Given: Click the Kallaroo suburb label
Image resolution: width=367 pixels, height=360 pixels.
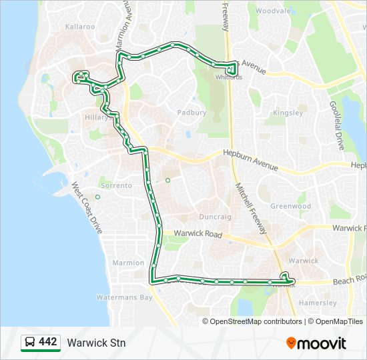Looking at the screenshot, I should [80, 27].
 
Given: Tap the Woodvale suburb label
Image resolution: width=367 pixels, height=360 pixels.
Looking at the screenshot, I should [273, 11].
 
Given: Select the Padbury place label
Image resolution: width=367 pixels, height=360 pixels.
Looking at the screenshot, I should [192, 113].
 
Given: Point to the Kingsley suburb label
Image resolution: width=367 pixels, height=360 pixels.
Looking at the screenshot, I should [288, 113].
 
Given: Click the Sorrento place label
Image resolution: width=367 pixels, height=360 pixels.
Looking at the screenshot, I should [116, 185].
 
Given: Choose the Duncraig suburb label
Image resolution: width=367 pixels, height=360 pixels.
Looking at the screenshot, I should [215, 217].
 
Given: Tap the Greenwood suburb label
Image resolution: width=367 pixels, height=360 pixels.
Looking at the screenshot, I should [290, 206].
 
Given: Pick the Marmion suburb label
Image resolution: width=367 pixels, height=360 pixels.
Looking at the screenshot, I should [128, 263].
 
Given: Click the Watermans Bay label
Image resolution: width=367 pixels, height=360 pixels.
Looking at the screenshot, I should [124, 297].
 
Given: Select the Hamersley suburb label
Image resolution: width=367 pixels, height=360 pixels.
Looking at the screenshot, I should [318, 303].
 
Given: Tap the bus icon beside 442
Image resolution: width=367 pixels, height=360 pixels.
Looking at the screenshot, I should [30, 343].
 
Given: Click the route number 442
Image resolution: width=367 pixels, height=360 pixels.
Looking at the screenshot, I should [48, 342].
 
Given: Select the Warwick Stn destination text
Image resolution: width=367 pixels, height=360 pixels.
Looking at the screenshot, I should [96, 343].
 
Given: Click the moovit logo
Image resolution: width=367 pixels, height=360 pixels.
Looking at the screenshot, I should [316, 343].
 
